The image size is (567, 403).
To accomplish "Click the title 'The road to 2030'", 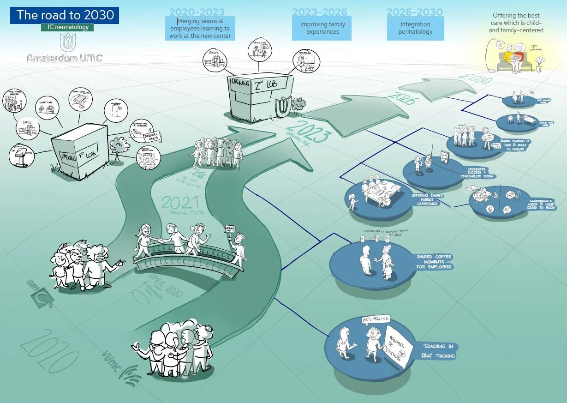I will click(x=65, y=15).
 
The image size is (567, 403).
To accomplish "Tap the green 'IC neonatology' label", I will click(x=67, y=27).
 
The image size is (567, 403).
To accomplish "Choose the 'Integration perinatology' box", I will click(x=415, y=28).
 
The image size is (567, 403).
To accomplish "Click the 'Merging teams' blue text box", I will click(x=200, y=29).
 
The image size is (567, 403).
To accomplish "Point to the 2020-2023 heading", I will click(x=197, y=12).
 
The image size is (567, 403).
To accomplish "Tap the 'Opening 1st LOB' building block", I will click(x=80, y=152).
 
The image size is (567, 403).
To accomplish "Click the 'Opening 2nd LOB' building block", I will click(x=260, y=98).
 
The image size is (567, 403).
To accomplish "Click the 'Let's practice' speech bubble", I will click(x=375, y=318).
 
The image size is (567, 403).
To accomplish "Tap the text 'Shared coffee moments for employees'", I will click(x=435, y=262).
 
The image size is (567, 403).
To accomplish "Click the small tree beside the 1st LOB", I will click(x=119, y=148).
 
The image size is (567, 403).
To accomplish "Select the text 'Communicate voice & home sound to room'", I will click(x=541, y=205).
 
